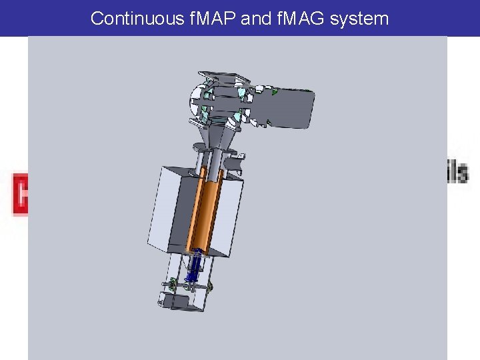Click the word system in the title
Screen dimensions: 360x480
[363, 19]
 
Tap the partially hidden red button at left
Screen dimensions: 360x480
[20, 194]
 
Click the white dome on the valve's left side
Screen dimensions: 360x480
[196, 100]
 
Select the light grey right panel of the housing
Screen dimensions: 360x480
[231, 217]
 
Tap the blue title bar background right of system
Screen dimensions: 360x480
[433, 19]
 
